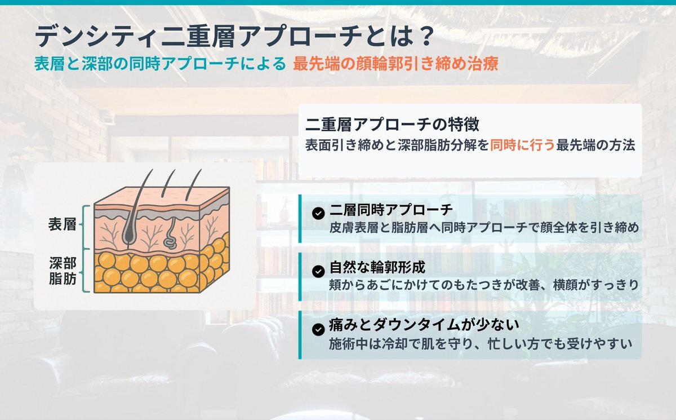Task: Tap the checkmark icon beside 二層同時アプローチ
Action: point(318,213)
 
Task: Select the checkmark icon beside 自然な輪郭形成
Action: point(318,271)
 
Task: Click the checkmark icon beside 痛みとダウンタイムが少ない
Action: point(318,329)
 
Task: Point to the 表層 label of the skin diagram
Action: point(62,224)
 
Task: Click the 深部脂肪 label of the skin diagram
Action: point(63,271)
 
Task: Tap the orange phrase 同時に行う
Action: point(522,145)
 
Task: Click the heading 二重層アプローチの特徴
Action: point(392,125)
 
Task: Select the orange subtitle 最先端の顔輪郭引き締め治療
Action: point(395,64)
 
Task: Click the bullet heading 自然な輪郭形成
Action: point(377,268)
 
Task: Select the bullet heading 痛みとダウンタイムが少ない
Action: point(424,325)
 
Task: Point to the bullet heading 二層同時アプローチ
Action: point(392,210)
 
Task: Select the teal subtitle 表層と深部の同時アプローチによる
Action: point(160,64)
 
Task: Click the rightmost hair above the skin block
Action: point(193,185)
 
